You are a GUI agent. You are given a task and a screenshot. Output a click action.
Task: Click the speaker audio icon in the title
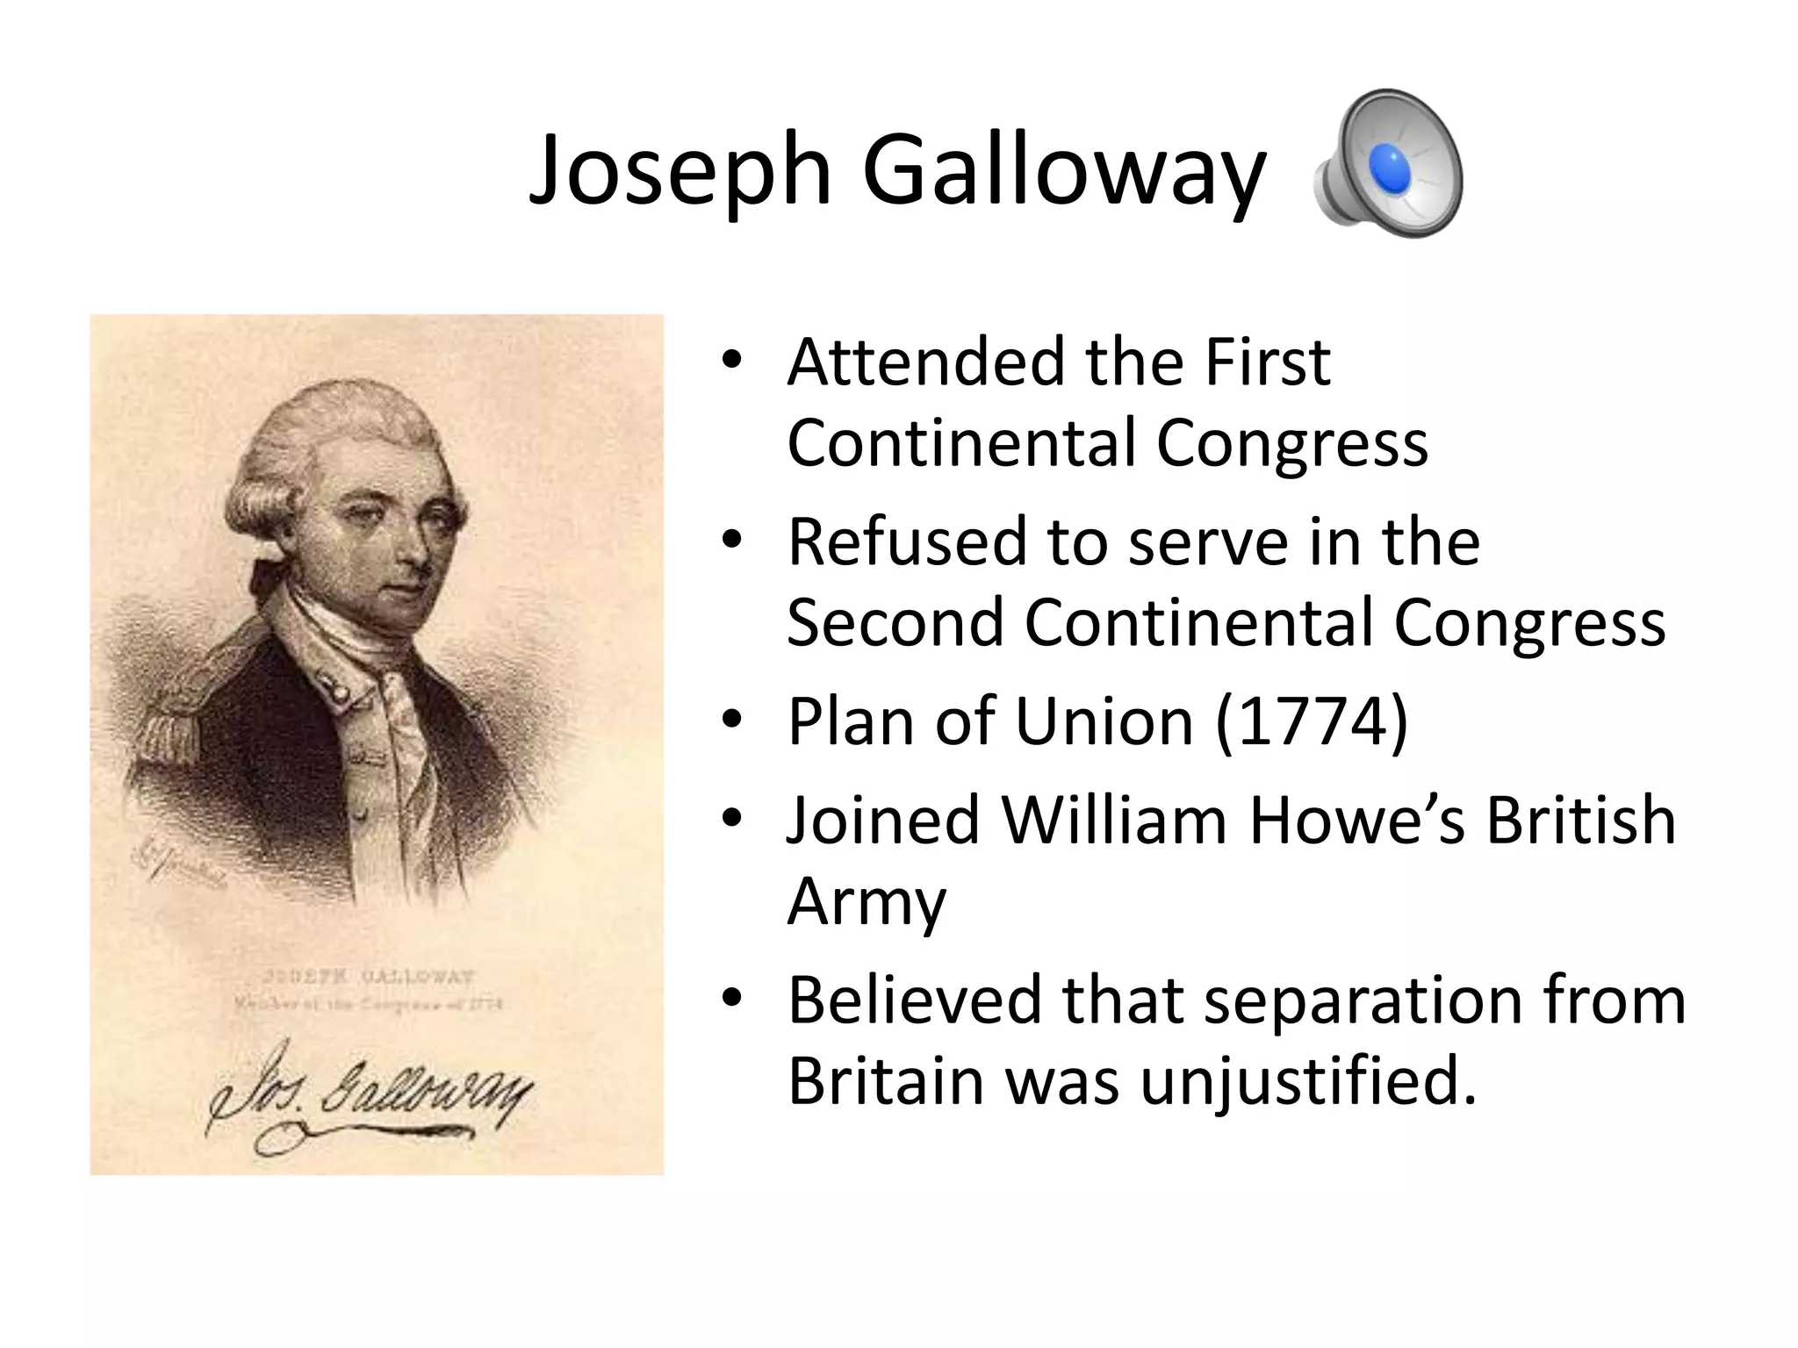click(x=1388, y=164)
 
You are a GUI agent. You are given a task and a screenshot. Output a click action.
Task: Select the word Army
click(x=867, y=902)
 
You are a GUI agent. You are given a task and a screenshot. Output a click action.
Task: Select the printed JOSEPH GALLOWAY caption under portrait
click(x=370, y=977)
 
